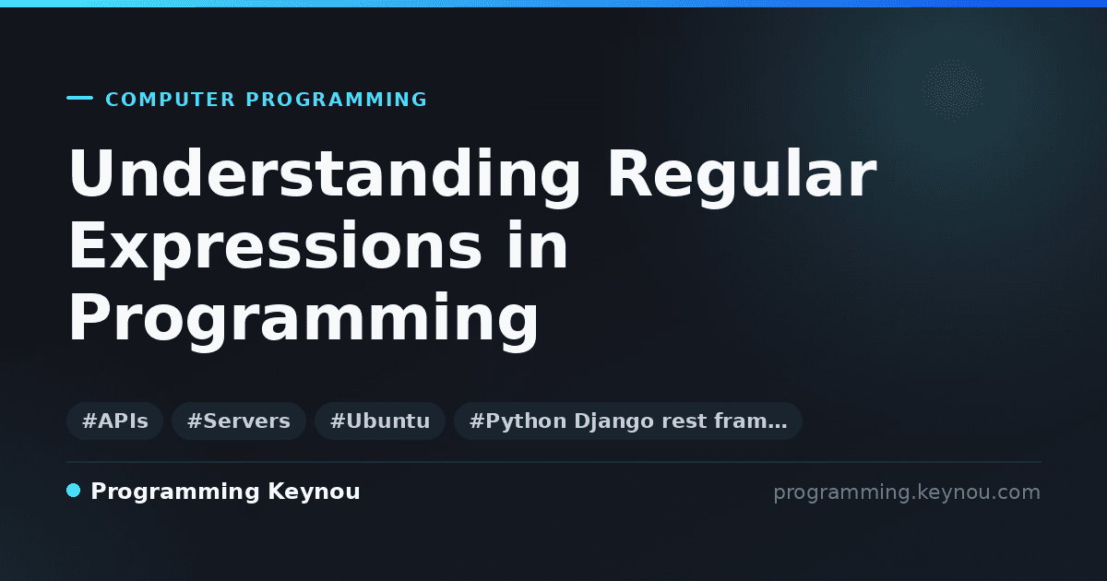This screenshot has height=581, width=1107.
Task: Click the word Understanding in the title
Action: click(x=325, y=177)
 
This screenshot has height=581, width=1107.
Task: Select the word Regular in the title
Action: click(x=743, y=177)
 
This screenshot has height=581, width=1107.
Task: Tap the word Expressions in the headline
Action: click(x=275, y=250)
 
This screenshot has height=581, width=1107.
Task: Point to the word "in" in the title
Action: click(x=538, y=244)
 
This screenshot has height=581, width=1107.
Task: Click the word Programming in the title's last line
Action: click(x=304, y=321)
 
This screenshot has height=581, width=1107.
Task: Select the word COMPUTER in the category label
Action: click(x=171, y=100)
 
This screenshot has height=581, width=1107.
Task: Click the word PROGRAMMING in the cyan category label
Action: click(x=337, y=100)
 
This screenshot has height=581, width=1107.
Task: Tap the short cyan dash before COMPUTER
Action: click(x=79, y=98)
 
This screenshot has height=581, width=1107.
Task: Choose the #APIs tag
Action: click(x=115, y=421)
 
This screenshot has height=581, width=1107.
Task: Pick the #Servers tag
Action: click(x=239, y=421)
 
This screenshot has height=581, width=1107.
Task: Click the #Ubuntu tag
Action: click(x=380, y=421)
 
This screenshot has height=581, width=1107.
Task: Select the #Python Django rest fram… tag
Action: click(x=628, y=421)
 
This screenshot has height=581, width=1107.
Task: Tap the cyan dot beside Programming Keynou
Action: click(x=74, y=491)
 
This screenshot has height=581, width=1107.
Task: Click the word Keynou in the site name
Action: click(x=314, y=492)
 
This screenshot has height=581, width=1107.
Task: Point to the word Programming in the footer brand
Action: click(x=175, y=492)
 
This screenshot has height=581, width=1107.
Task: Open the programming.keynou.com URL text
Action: click(x=907, y=492)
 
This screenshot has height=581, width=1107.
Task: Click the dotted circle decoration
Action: click(x=953, y=89)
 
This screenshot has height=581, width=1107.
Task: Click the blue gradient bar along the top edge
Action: click(x=553, y=4)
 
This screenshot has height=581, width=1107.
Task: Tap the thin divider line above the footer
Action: click(x=554, y=462)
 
